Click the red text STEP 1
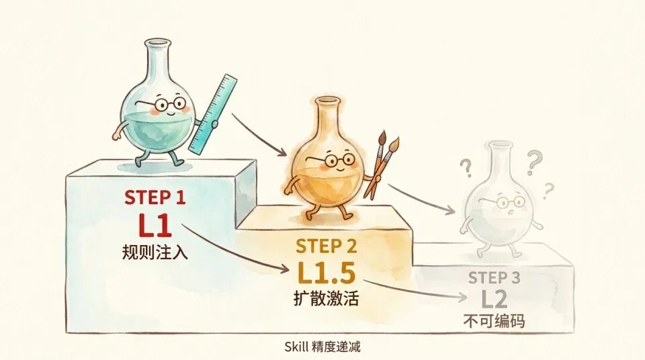[x=155, y=197]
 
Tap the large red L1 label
[x=155, y=225]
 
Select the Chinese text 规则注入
[x=155, y=252]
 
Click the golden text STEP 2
[x=327, y=246]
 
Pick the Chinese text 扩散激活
[x=327, y=298]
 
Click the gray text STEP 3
[x=494, y=277]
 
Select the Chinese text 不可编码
[x=494, y=321]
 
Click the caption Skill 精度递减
[x=322, y=347]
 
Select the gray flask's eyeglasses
[x=505, y=201]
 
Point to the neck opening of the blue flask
[x=157, y=42]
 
